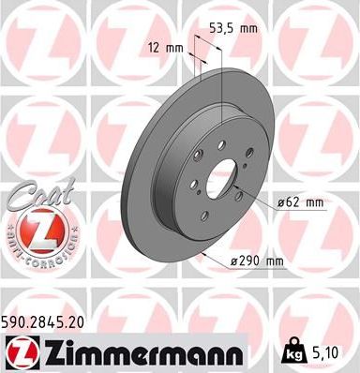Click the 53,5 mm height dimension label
234,29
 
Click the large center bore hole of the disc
221,179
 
